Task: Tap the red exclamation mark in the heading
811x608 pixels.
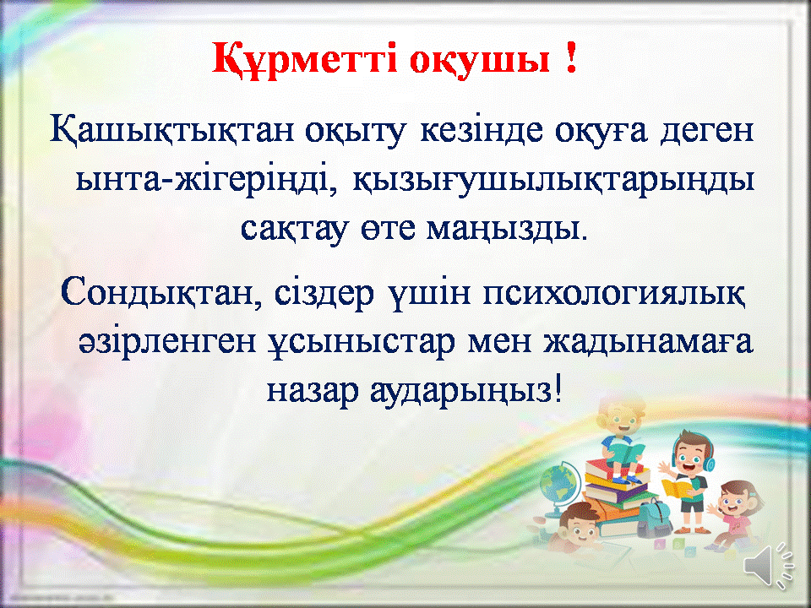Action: click(x=570, y=58)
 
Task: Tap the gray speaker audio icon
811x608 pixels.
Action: click(x=768, y=565)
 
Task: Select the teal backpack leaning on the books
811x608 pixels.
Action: click(x=653, y=517)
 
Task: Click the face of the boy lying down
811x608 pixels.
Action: click(x=577, y=527)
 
